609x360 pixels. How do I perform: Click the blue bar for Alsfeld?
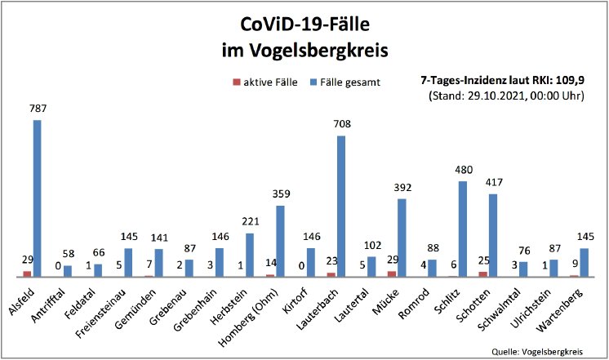(38, 198)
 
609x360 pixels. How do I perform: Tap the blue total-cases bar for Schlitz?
(462, 229)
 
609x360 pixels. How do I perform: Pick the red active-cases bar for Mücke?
(392, 273)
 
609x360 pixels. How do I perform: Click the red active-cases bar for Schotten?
(482, 273)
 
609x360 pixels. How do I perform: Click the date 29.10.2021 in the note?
(497, 96)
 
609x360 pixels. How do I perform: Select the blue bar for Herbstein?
(250, 255)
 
